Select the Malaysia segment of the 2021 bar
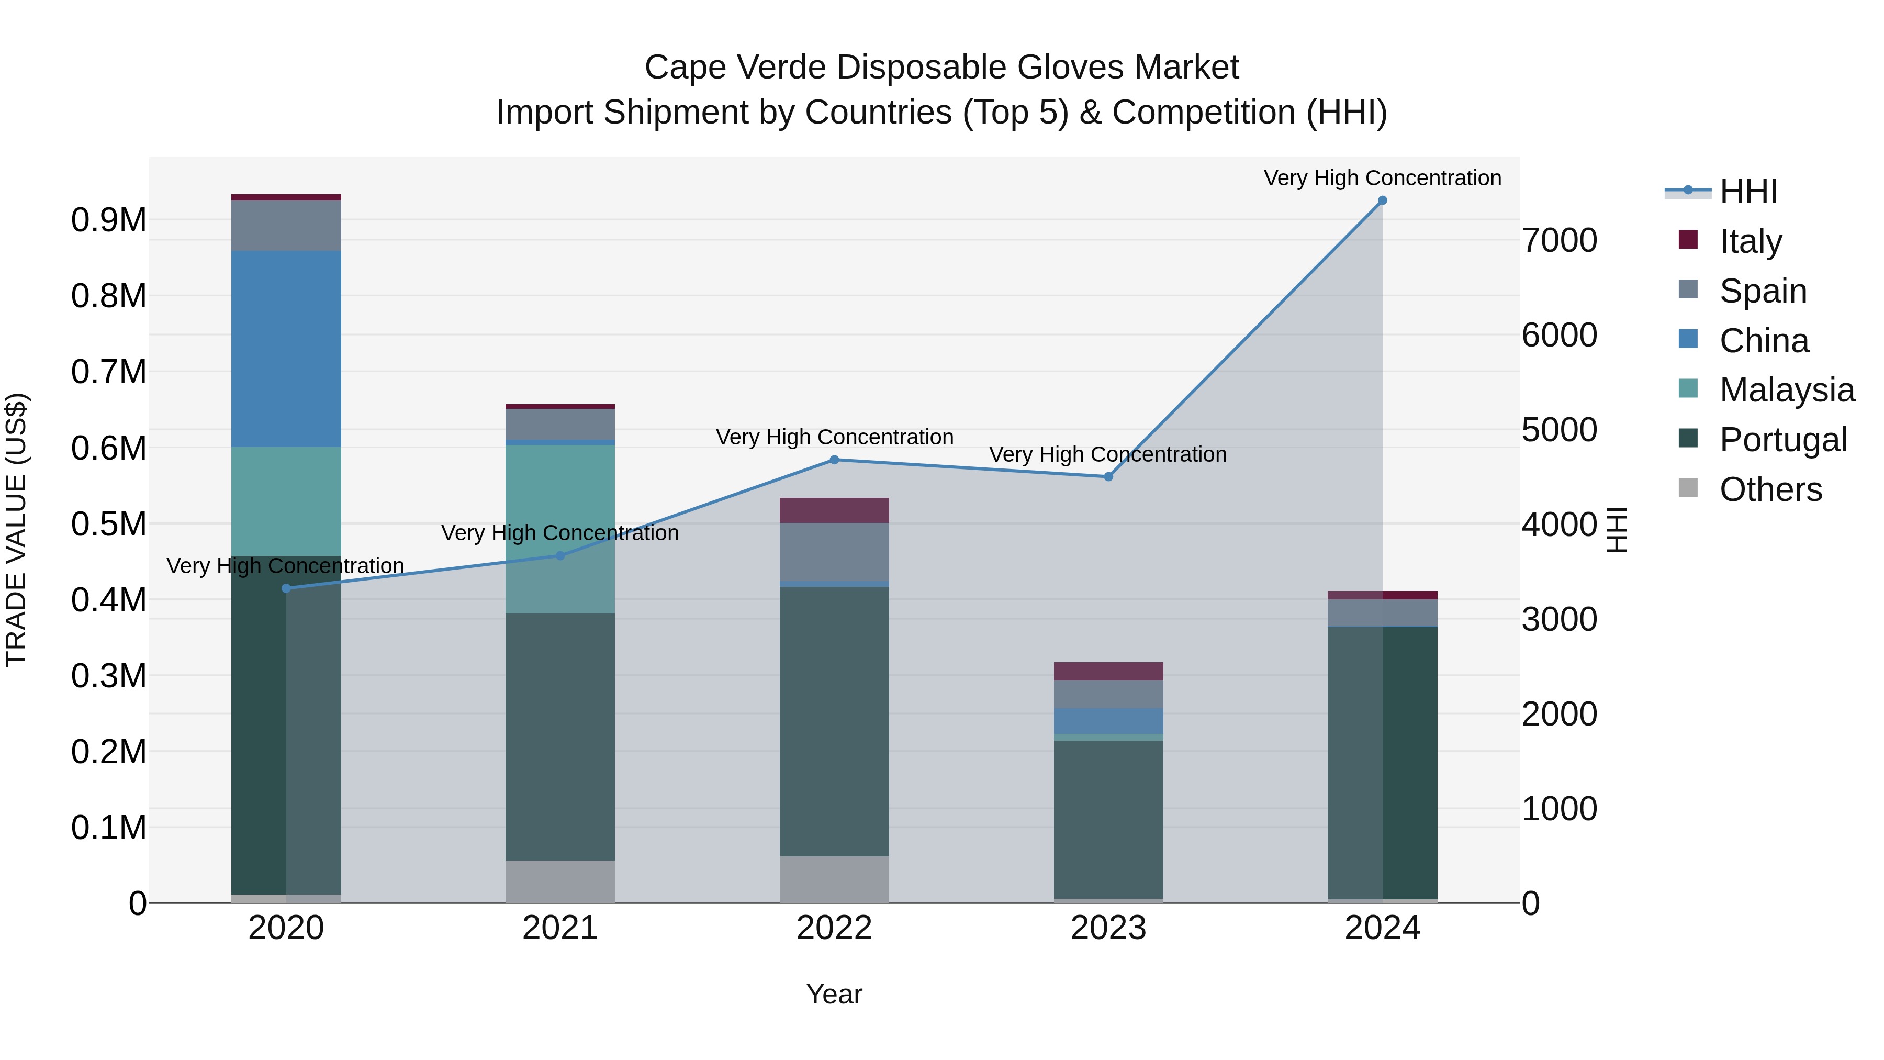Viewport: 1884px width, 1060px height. coord(560,528)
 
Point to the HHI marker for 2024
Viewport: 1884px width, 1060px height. coord(1382,200)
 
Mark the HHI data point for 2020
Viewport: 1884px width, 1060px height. coord(286,588)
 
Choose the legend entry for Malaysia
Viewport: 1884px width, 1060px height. coord(1787,390)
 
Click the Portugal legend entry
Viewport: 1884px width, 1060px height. coord(1782,440)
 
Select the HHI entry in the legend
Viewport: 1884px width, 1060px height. coord(1748,192)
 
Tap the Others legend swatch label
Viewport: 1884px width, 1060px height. coord(1770,489)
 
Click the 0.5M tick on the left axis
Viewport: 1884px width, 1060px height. coord(108,524)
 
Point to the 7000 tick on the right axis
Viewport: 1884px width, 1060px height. coord(1560,241)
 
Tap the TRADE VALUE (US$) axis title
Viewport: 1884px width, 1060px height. coord(16,530)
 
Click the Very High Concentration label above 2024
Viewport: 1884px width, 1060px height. coord(1382,178)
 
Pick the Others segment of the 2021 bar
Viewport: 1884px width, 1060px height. coord(560,881)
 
